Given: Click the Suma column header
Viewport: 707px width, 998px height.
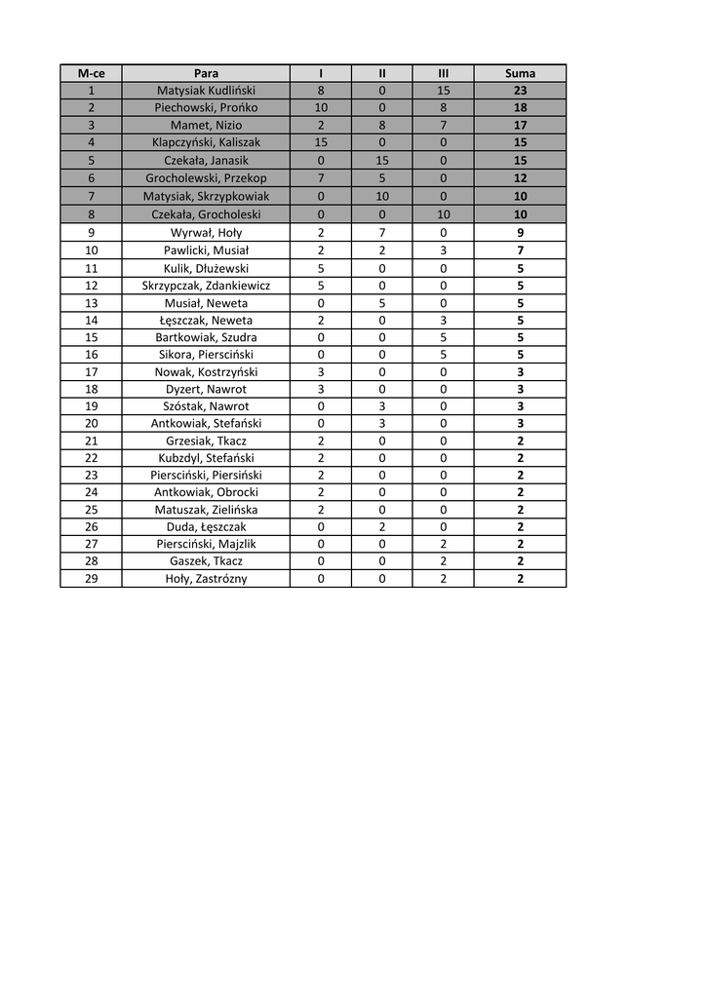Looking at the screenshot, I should tap(520, 73).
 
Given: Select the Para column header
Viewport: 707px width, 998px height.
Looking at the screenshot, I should tap(206, 73).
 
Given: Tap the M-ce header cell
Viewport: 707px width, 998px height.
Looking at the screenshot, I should tap(91, 73).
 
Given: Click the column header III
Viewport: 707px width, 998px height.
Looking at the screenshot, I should tap(443, 73).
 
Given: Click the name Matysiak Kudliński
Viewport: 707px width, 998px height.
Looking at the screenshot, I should tap(206, 91).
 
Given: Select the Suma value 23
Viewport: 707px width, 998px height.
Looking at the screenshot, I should tap(520, 91).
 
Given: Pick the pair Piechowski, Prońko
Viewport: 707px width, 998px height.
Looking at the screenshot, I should tap(206, 108).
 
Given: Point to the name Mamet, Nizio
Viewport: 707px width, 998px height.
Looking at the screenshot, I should tap(206, 126).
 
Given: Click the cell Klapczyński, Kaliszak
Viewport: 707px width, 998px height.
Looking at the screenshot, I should tap(206, 142).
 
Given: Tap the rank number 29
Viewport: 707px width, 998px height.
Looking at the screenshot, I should tap(91, 579).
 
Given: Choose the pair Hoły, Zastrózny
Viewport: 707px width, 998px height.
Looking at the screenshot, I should tap(206, 579).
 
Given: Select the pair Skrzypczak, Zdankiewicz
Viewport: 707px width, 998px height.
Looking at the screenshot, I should tap(206, 286).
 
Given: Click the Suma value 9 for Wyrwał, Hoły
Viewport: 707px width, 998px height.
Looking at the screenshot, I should tap(520, 233).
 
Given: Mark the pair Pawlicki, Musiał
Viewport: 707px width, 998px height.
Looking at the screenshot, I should tap(206, 250).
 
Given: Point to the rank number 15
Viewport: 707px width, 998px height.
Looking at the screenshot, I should tap(91, 337).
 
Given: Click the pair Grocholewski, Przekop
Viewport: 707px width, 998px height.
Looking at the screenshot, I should tap(206, 178).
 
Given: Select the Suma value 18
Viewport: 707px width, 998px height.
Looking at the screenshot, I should tap(520, 108).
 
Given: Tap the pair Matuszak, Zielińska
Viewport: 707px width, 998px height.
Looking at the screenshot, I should tap(206, 510).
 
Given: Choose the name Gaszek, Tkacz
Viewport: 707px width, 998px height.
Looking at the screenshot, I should tap(206, 561).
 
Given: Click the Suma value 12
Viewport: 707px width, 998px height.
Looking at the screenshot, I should tap(520, 178).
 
